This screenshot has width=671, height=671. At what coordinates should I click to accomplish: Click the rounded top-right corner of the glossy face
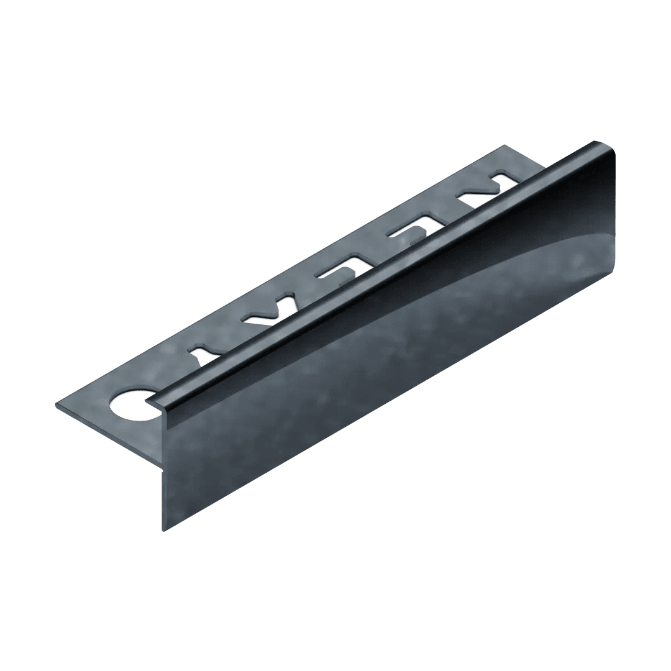point(611,152)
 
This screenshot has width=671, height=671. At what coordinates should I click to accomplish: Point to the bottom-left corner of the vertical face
point(164,532)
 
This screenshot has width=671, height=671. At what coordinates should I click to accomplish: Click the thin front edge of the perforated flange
point(106,435)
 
